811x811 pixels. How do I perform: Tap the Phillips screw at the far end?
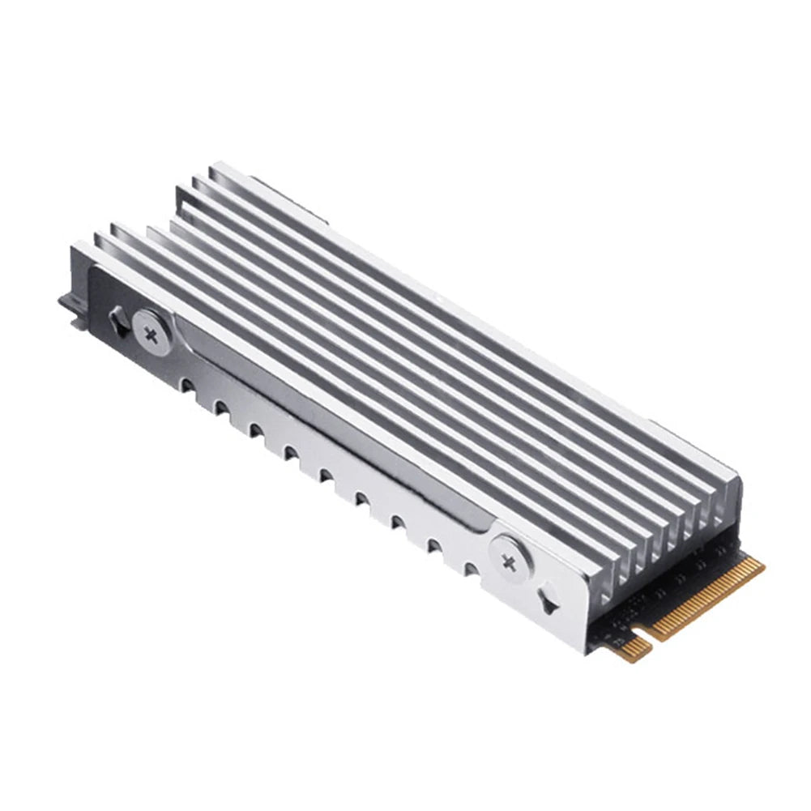(x=152, y=330)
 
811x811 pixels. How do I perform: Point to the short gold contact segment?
(x=634, y=645)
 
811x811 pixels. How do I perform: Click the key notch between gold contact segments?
(x=648, y=633)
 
